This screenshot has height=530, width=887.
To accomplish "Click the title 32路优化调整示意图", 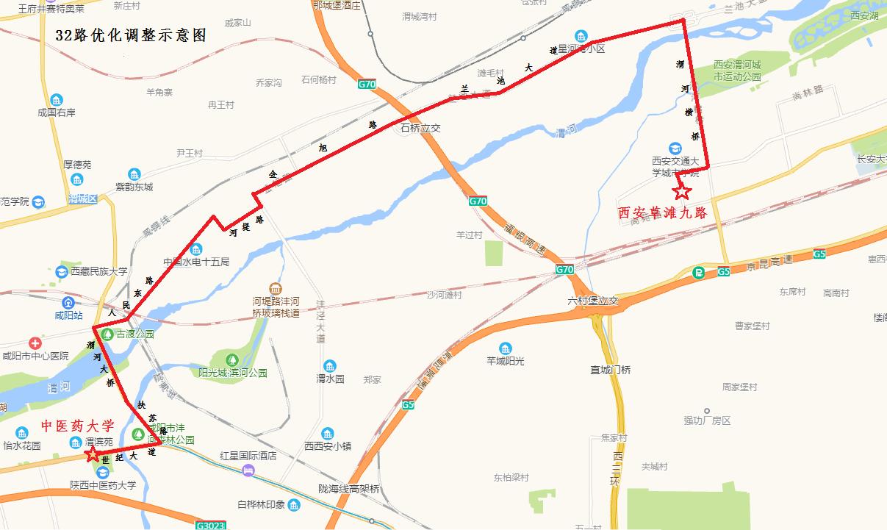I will point(131,35).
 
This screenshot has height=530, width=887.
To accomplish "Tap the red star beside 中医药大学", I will point(92,454).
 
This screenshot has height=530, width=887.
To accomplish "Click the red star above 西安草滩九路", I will point(682,192).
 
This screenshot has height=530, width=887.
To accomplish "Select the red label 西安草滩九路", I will point(661,213).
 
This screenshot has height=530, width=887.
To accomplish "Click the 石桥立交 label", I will point(420,128).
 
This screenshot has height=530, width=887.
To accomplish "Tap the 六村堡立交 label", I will point(593,301).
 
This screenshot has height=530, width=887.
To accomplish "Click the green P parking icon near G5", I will point(698,272).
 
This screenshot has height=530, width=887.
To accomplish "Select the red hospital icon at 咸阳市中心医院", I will point(35,343).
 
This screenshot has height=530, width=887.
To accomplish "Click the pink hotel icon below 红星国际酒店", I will point(248,469).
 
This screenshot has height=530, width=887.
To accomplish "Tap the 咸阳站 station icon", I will point(68,302).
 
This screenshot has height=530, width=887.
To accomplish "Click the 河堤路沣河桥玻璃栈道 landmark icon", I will point(275,288).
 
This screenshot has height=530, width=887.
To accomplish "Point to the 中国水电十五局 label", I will point(196,262).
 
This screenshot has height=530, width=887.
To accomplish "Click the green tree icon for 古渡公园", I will point(108,334).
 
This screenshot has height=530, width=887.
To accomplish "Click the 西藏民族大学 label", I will point(99,271).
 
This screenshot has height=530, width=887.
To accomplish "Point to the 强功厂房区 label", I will point(707,420).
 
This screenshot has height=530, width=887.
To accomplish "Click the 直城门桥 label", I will point(611,370).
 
